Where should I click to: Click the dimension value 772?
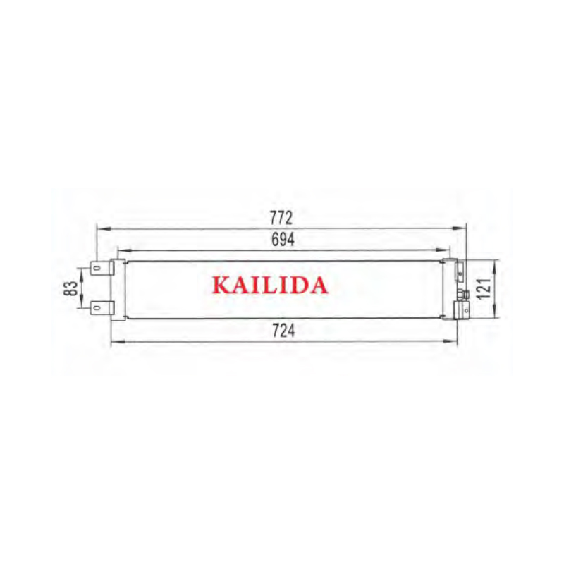[281, 218]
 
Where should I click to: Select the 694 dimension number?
[283, 240]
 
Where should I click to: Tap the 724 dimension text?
[283, 331]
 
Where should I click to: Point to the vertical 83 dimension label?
[71, 288]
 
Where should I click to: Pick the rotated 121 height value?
[484, 288]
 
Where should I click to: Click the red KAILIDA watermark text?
[270, 286]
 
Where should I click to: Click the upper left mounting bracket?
[102, 268]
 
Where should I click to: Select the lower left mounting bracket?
[102, 307]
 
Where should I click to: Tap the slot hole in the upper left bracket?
[96, 268]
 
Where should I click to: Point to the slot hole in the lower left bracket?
[96, 308]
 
